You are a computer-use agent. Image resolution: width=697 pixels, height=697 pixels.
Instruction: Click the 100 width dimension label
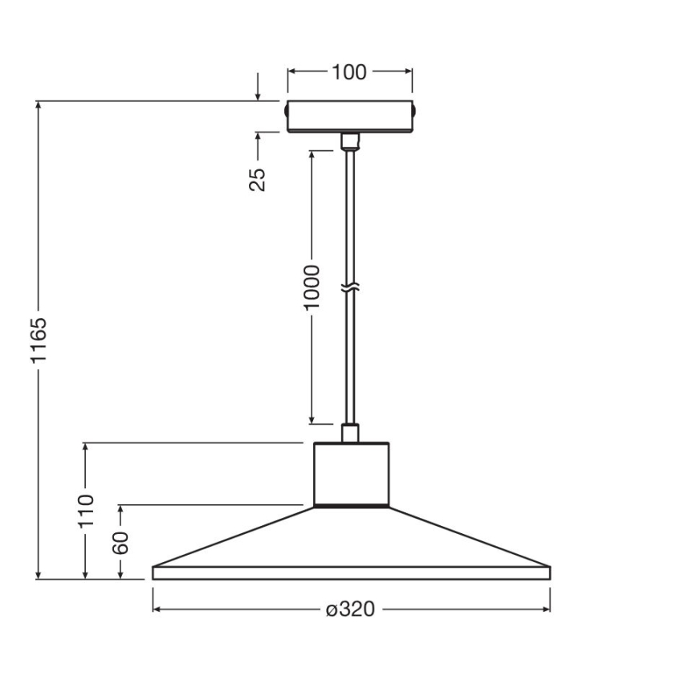pyautogui.click(x=349, y=72)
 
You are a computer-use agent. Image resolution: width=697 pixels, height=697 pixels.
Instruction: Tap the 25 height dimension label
pyautogui.click(x=257, y=179)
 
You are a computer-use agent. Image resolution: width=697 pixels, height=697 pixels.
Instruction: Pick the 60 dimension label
pyautogui.click(x=120, y=543)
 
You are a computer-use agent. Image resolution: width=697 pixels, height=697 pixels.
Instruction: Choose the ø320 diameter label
pyautogui.click(x=351, y=610)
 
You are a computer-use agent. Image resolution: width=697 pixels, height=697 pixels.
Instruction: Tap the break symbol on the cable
pyautogui.click(x=349, y=287)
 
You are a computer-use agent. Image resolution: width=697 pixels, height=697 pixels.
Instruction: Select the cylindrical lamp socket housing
pyautogui.click(x=351, y=474)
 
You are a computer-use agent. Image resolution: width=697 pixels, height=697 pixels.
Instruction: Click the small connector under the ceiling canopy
pyautogui.click(x=349, y=141)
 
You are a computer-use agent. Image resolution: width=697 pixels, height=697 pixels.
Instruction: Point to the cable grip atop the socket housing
pyautogui.click(x=349, y=434)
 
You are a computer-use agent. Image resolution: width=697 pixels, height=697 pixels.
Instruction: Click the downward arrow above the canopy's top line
pyautogui.click(x=258, y=95)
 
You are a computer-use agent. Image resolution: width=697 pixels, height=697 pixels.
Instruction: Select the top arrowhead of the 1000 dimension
pyautogui.click(x=311, y=153)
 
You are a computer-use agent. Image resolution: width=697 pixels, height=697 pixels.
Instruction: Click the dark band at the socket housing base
pyautogui.click(x=351, y=507)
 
